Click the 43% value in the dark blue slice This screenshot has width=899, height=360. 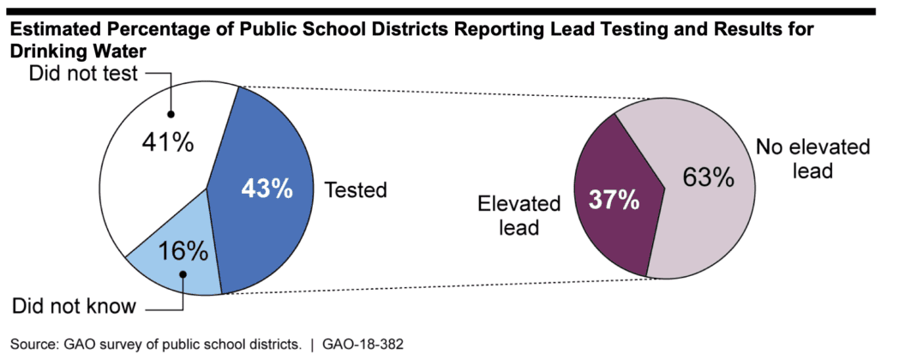pos(266,189)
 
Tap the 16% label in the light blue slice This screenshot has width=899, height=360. pos(183,250)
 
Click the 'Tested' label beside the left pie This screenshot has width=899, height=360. pos(356,189)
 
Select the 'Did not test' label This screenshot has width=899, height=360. pos(84,75)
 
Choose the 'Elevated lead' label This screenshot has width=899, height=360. pos(518,216)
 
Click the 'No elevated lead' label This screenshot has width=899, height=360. pos(812,159)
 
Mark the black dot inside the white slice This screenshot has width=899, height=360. pos(171,114)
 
